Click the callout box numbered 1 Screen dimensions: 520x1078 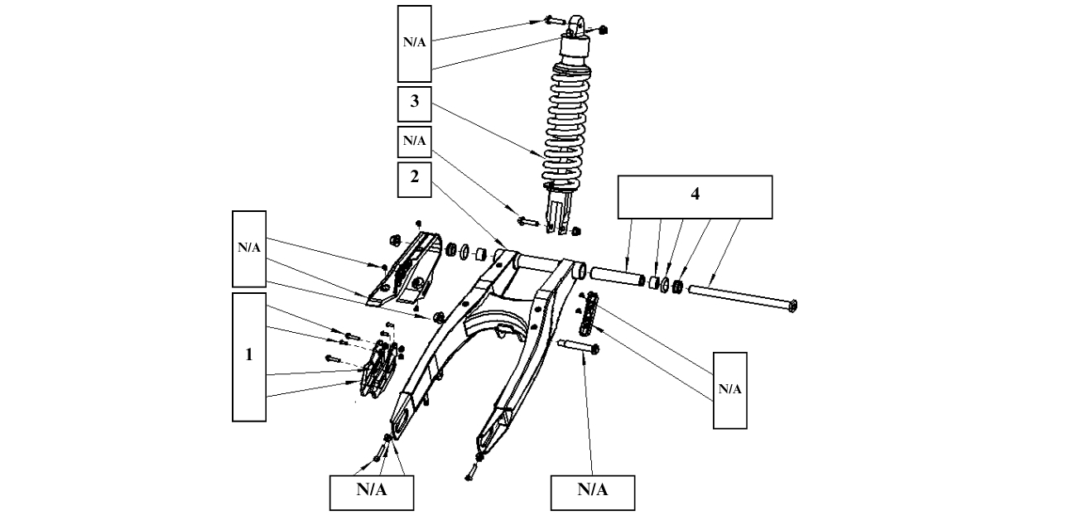coord(249,356)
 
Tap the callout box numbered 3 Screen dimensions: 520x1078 coord(414,104)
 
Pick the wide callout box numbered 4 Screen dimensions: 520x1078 coord(695,196)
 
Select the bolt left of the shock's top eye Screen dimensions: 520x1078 coord(552,20)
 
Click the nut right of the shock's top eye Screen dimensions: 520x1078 coord(603,30)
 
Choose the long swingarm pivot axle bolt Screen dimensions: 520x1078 coord(740,298)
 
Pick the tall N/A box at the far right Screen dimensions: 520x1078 coord(729,390)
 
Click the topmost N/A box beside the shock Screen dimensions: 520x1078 coord(414,41)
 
